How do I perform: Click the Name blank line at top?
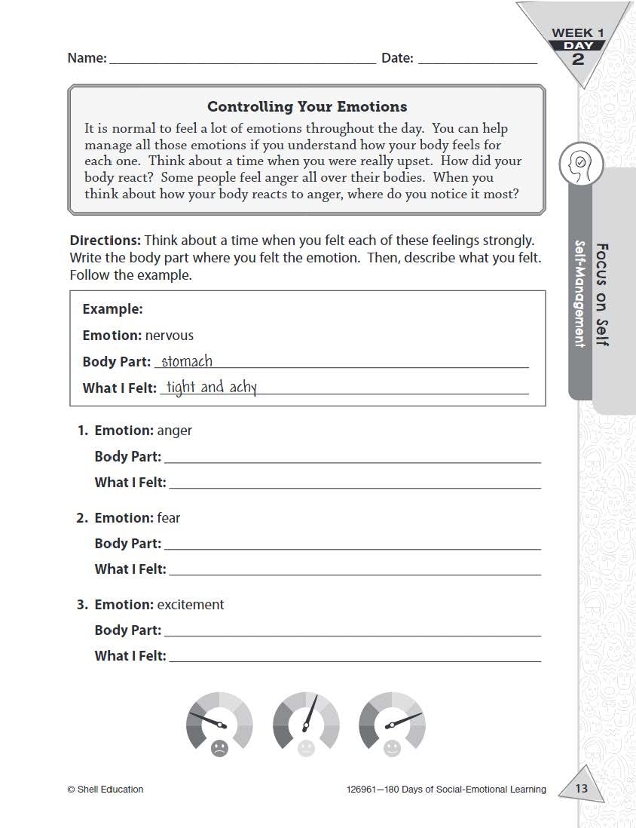(x=243, y=60)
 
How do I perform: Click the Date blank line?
(x=477, y=60)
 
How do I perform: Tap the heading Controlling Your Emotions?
(x=307, y=106)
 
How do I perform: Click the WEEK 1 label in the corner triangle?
(x=578, y=33)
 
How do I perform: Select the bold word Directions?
(x=105, y=241)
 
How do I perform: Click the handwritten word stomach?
(x=187, y=361)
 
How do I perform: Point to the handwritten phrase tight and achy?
(x=212, y=388)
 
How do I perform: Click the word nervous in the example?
(x=170, y=336)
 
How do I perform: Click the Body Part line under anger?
(x=352, y=458)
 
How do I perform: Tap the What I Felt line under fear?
(x=354, y=571)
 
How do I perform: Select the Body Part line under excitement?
(x=352, y=631)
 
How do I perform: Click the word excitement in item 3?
(x=191, y=605)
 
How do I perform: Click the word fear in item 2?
(x=169, y=518)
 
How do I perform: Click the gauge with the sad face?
(x=219, y=722)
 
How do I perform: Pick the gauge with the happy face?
(x=392, y=722)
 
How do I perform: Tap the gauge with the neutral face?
(x=305, y=722)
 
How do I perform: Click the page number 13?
(x=581, y=790)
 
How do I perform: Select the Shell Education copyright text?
(x=105, y=790)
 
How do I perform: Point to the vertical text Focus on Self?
(x=602, y=294)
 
